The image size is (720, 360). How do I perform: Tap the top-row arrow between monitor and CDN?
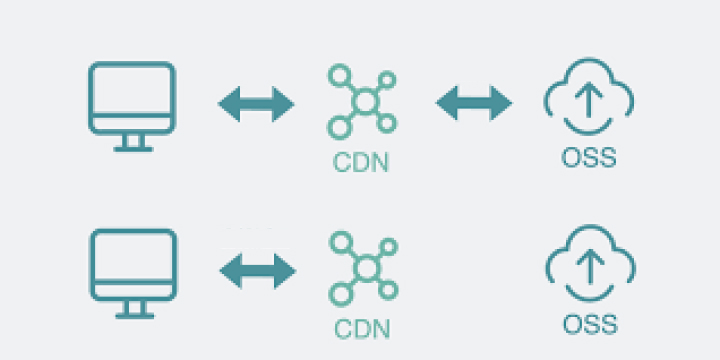point(256,103)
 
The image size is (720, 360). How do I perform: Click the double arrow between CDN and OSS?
point(474,103)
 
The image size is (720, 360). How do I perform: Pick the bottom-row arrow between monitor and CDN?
point(257,269)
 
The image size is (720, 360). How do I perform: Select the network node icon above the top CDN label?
point(361,101)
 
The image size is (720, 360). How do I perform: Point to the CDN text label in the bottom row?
point(362,328)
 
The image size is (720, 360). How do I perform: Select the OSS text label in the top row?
point(590,158)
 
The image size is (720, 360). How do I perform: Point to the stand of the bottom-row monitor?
point(132,309)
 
